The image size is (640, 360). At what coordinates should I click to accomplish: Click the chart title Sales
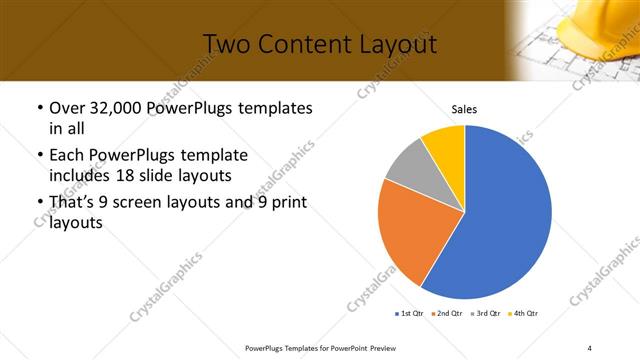464,108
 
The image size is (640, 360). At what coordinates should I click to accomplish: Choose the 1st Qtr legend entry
409,314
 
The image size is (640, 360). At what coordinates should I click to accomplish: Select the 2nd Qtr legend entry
446,314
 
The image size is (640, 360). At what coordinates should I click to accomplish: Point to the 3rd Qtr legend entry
485,314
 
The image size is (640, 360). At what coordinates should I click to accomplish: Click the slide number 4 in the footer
589,347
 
